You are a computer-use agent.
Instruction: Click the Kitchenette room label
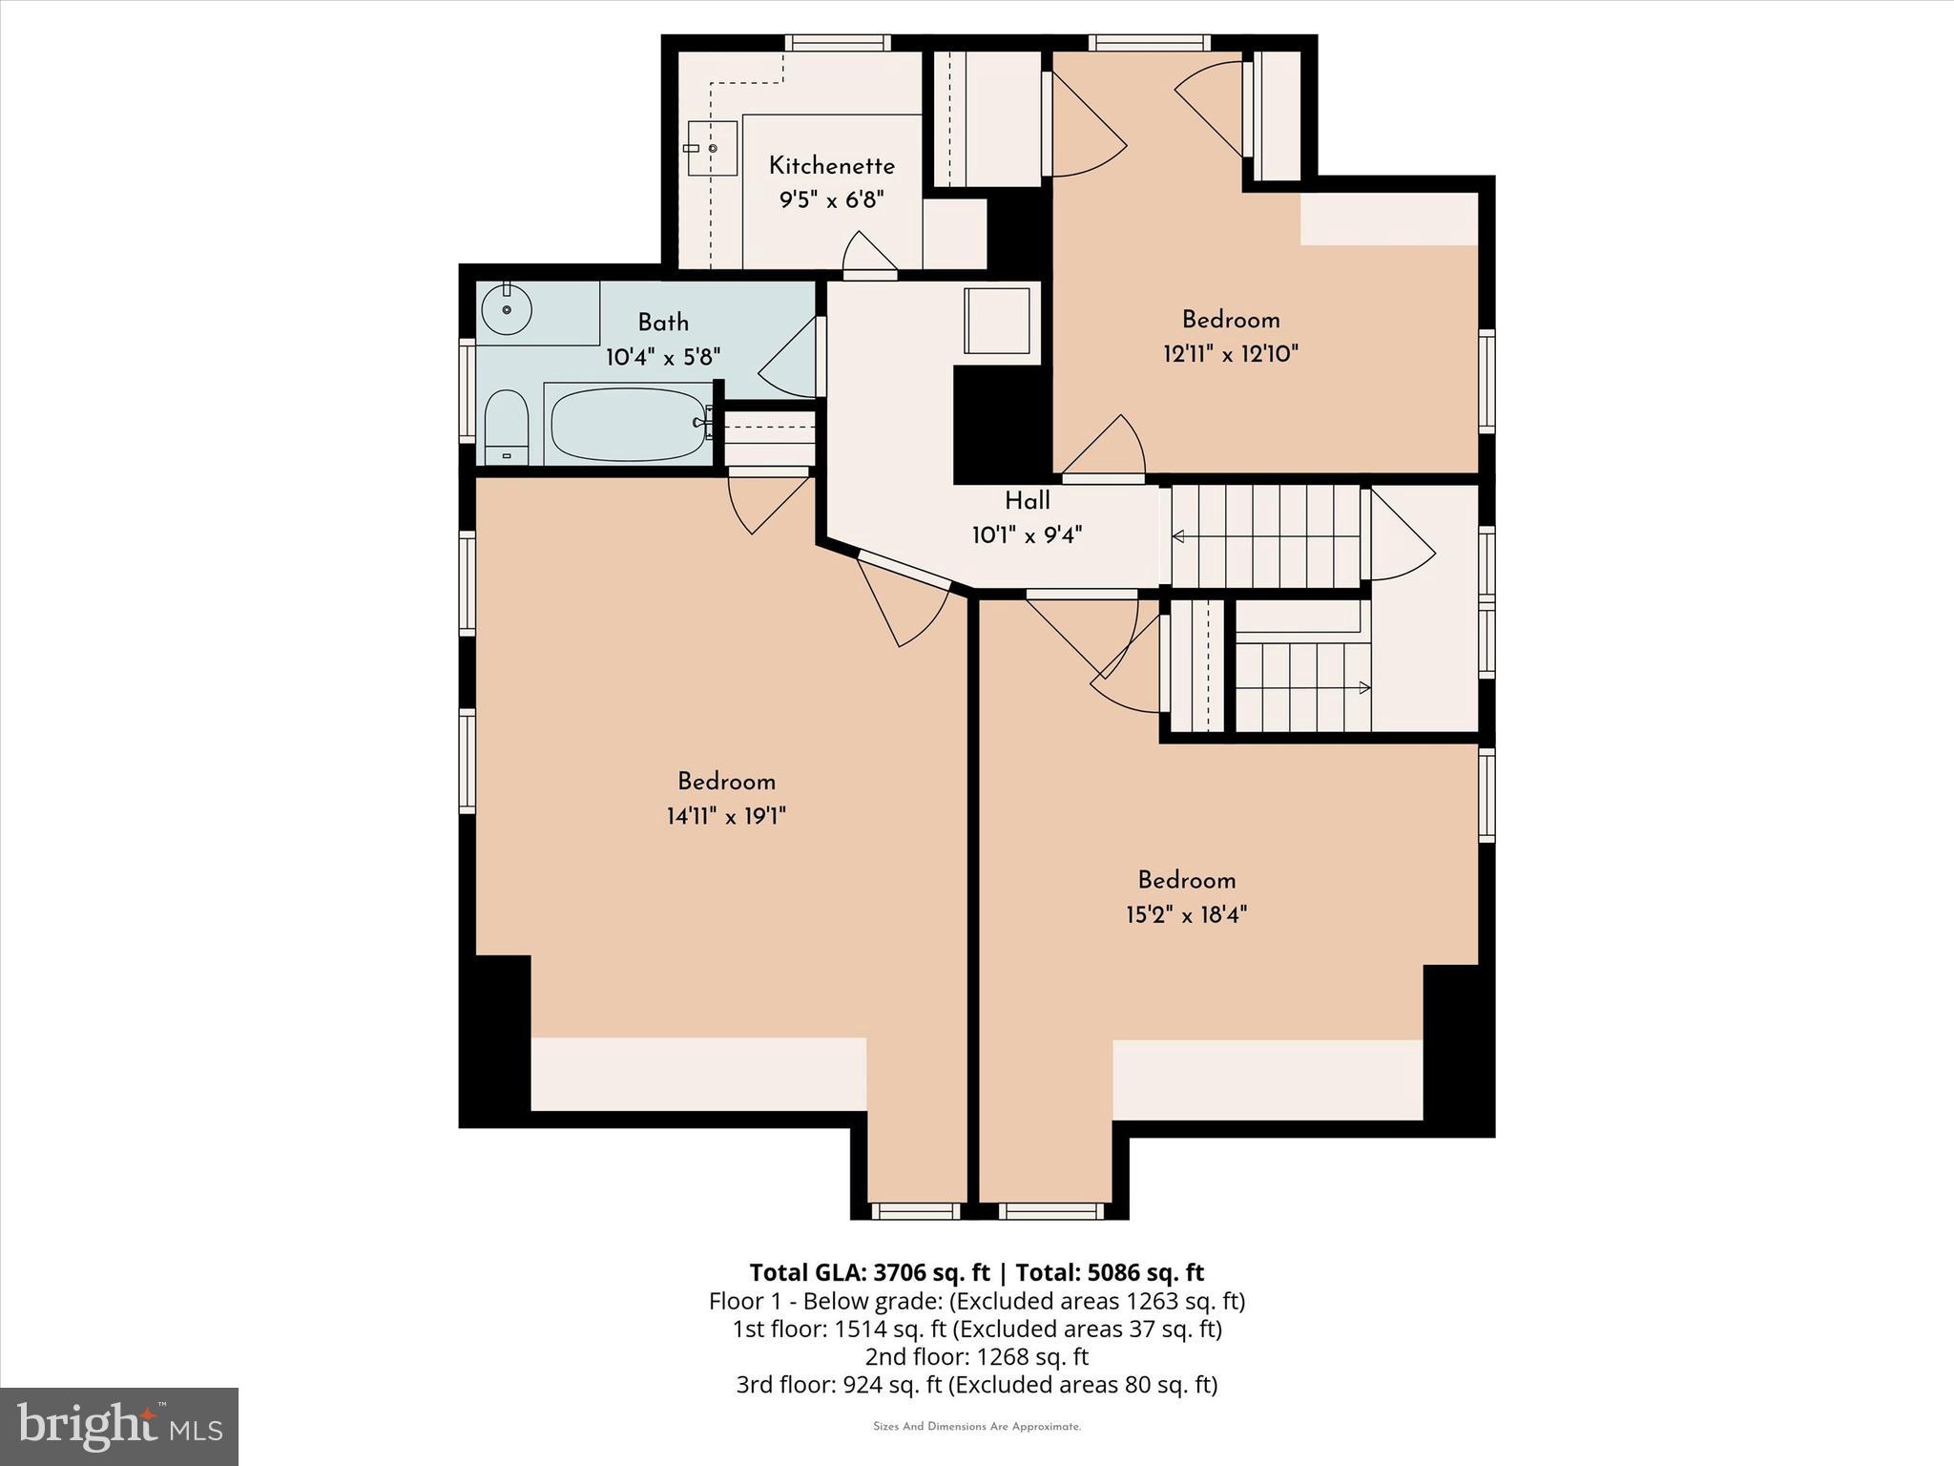coord(831,166)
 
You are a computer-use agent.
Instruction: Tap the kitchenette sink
coord(712,149)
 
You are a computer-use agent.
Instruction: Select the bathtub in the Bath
coord(628,424)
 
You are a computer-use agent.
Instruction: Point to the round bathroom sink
coord(507,309)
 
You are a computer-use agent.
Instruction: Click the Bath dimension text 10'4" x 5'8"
coord(662,357)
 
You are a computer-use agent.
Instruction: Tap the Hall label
coord(1027,501)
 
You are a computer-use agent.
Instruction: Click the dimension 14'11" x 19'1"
coord(725,816)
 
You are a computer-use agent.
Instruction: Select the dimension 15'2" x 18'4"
coord(1186,914)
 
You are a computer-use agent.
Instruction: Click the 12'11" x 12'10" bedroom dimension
coord(1230,354)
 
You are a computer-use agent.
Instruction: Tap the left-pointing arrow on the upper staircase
coord(1178,536)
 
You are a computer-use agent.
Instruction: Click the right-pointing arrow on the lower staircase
coord(1364,687)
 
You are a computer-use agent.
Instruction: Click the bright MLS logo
coord(118,1426)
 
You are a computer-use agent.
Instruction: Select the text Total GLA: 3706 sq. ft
coord(869,1272)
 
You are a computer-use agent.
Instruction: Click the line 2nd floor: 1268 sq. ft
coord(976,1356)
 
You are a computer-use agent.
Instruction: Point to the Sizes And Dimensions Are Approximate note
coord(976,1427)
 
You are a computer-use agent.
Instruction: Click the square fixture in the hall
coord(997,320)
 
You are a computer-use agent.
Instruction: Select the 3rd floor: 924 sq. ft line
coord(976,1384)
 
